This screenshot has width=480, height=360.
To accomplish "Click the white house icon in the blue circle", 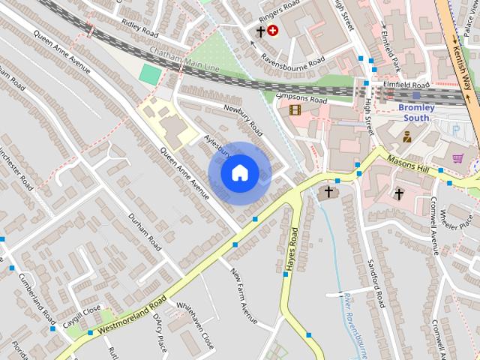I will [239, 173].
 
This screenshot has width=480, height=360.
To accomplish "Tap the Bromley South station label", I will [416, 112].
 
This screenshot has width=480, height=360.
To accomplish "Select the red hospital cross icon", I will [272, 31].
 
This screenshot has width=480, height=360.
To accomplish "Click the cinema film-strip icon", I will [294, 109].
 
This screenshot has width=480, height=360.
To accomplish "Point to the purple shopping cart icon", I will [457, 158].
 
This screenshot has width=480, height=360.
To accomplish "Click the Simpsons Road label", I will [302, 98].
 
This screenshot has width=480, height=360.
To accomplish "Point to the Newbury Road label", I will [244, 118].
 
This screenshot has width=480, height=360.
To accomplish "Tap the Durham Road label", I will [145, 232].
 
